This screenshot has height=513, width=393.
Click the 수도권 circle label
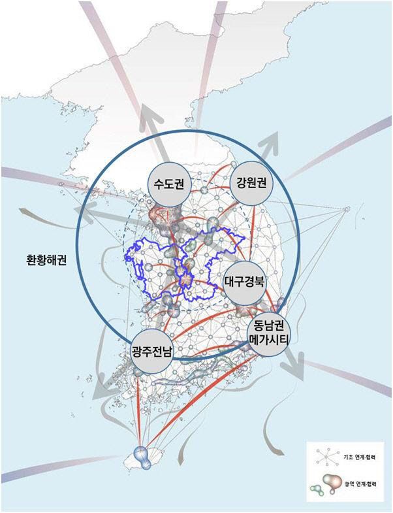tap(168, 184)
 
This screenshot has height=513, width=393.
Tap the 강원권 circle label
tap(251, 180)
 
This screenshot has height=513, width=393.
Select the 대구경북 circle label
tap(244, 283)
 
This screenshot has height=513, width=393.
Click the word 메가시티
tap(268, 339)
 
